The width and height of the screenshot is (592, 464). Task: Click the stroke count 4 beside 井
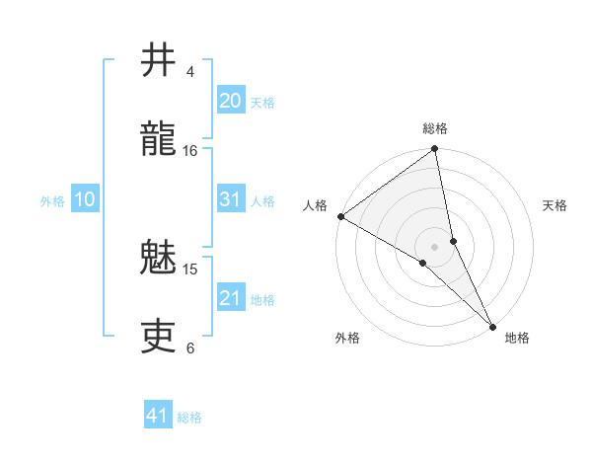190,72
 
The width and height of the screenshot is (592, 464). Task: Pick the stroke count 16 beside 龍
190,151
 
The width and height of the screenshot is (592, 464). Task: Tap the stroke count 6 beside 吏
190,348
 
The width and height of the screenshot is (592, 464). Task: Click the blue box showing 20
230,101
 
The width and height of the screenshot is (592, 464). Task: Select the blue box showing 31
230,199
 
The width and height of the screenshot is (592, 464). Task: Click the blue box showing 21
230,298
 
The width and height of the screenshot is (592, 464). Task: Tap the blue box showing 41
158,417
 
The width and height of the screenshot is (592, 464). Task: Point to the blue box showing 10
85,200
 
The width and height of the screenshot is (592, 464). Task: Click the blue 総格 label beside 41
189,418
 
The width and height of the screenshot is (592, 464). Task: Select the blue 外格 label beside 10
52,201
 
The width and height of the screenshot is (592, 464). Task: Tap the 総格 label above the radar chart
435,128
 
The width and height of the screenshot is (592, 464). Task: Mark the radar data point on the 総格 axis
435,150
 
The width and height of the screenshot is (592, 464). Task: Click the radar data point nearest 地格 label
492,325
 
